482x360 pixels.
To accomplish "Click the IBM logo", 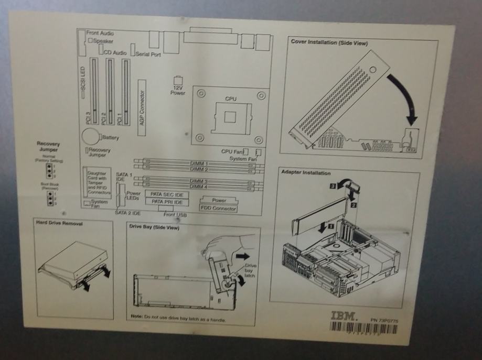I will coord(344,317).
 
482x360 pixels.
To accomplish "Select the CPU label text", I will coord(231,98).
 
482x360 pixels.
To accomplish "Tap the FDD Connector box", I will coord(218,209).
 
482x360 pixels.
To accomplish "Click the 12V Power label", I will coord(178,90).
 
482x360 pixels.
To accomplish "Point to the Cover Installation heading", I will coord(329,42).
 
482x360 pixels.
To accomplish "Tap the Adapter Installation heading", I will coord(306,173).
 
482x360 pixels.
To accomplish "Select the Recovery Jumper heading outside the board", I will coord(48,146).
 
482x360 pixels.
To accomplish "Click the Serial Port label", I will coord(148,53).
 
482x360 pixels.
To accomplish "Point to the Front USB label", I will coord(175,214).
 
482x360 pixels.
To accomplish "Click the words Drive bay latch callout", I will coord(250,270).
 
